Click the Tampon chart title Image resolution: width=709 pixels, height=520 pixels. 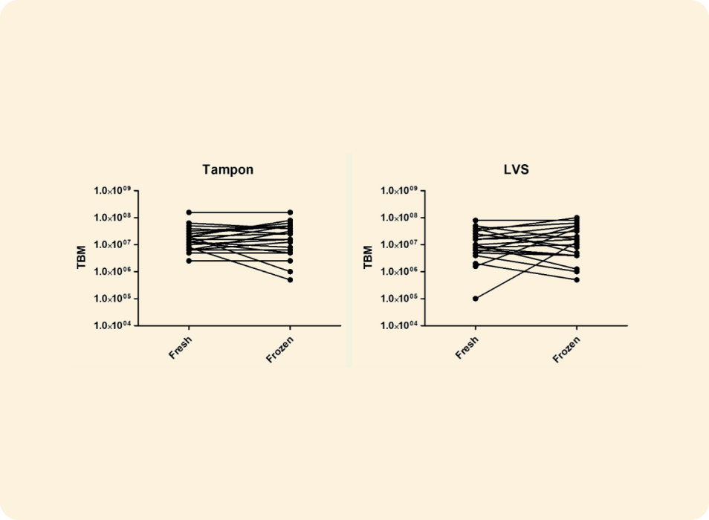(227, 169)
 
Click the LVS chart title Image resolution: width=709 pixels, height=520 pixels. (516, 169)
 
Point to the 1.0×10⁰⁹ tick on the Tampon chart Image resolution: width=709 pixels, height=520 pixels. (112, 191)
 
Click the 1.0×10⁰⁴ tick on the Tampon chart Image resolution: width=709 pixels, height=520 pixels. (112, 325)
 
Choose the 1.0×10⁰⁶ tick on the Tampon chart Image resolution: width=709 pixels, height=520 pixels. (112, 272)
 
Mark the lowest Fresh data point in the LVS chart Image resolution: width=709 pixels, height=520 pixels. (476, 299)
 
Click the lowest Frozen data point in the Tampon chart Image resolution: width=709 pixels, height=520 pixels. (290, 280)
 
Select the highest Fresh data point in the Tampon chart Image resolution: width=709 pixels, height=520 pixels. (189, 212)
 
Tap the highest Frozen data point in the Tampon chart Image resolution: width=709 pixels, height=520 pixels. (290, 212)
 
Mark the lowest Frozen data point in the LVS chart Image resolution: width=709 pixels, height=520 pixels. (577, 280)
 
